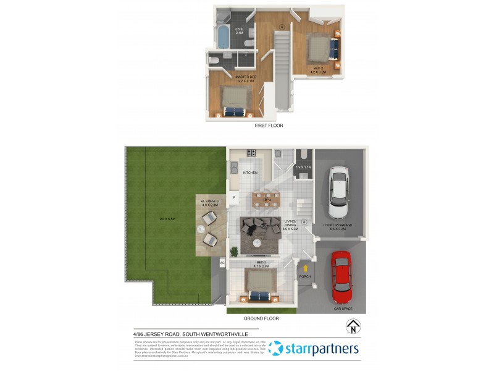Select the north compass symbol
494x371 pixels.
(352, 326)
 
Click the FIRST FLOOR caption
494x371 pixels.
(269, 126)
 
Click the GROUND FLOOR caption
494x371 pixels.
(262, 318)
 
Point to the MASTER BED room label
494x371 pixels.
(246, 79)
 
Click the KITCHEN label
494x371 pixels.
(250, 173)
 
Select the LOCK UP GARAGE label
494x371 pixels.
(338, 226)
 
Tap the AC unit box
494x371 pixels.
(222, 263)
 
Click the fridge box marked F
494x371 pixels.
(234, 197)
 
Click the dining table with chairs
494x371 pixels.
(266, 200)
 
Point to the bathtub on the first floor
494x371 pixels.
(224, 38)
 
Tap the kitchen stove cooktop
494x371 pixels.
(251, 153)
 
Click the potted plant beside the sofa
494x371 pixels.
(234, 250)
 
